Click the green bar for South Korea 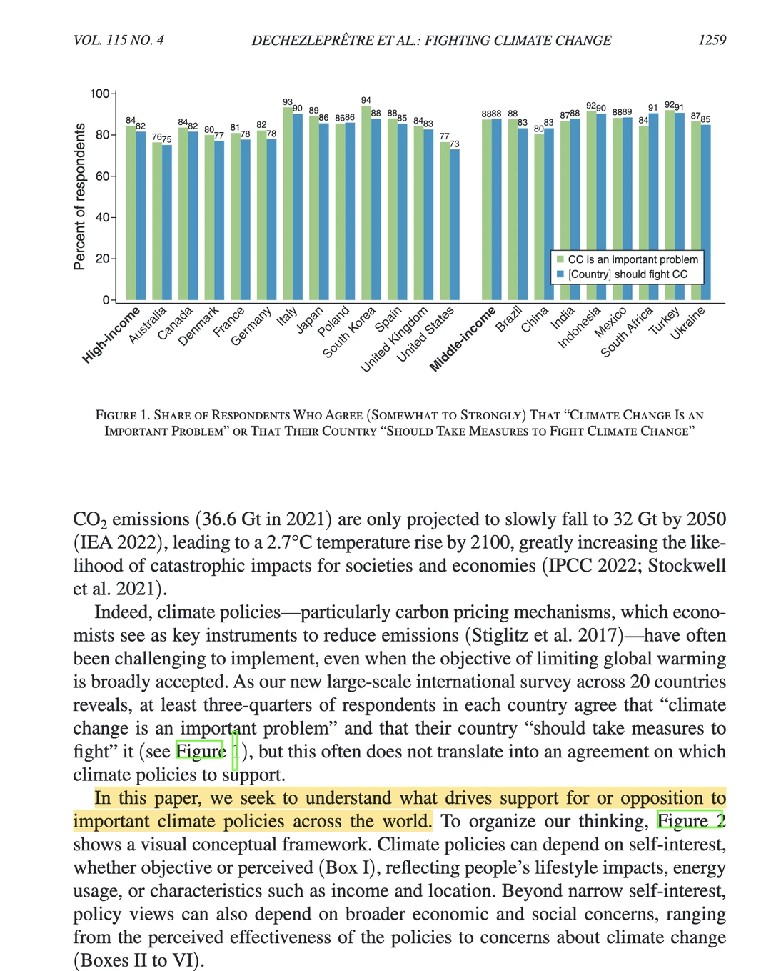click(x=366, y=203)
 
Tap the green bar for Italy click(x=288, y=204)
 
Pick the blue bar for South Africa click(x=653, y=206)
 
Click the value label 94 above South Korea click(x=366, y=101)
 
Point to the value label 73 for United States click(x=454, y=144)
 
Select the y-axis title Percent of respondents click(x=79, y=196)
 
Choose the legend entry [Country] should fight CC click(x=628, y=274)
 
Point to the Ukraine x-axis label click(x=687, y=323)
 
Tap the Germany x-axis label click(x=251, y=327)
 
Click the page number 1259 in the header click(x=712, y=40)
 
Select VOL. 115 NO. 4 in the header click(x=119, y=40)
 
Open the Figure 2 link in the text click(x=691, y=821)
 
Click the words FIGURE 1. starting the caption click(x=123, y=415)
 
